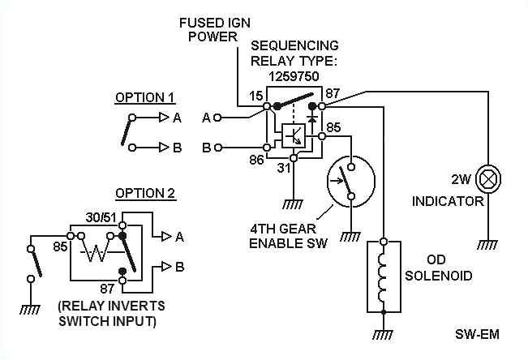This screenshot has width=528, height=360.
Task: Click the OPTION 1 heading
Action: [144, 97]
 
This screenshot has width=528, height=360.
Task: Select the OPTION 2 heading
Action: [144, 193]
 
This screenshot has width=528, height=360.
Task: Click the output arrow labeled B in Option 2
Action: [166, 266]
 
